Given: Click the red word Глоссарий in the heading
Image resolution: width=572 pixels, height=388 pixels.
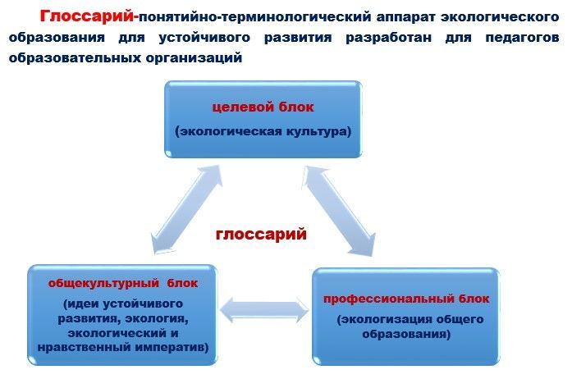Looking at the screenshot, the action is (x=87, y=16).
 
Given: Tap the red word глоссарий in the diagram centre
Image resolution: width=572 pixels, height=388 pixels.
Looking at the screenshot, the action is (x=261, y=235).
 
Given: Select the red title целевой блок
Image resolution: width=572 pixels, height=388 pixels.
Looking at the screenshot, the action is (x=263, y=107).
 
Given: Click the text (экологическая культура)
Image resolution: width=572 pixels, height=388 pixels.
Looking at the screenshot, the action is (x=263, y=131).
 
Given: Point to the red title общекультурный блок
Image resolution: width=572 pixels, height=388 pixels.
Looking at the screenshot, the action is (x=123, y=283).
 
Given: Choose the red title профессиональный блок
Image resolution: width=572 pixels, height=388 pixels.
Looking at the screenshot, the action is (x=406, y=299).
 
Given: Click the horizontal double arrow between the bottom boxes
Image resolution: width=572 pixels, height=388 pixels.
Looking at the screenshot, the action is (x=264, y=311).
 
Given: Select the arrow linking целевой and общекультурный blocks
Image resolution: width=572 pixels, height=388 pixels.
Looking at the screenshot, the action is (x=186, y=210).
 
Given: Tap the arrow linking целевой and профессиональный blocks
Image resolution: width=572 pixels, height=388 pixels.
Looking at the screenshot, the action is (x=339, y=211).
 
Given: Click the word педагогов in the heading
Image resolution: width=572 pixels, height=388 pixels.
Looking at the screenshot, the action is (x=522, y=38).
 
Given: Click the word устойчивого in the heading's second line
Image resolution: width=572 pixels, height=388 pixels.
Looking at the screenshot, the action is (x=204, y=38).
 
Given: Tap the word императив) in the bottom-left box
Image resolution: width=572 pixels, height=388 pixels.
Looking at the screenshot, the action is (x=172, y=347).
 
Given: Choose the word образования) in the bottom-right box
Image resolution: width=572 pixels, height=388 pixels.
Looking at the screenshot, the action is (x=406, y=334).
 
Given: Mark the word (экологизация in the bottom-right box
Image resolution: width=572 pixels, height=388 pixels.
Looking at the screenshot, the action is (x=379, y=319).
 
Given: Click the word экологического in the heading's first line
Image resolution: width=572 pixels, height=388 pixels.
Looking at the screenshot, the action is (x=500, y=17).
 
